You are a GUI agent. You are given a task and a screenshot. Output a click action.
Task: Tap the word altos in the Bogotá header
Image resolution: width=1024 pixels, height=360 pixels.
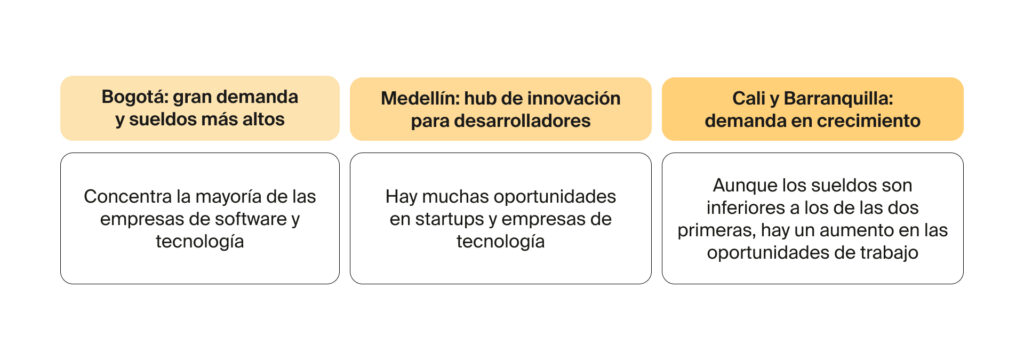(262, 120)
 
